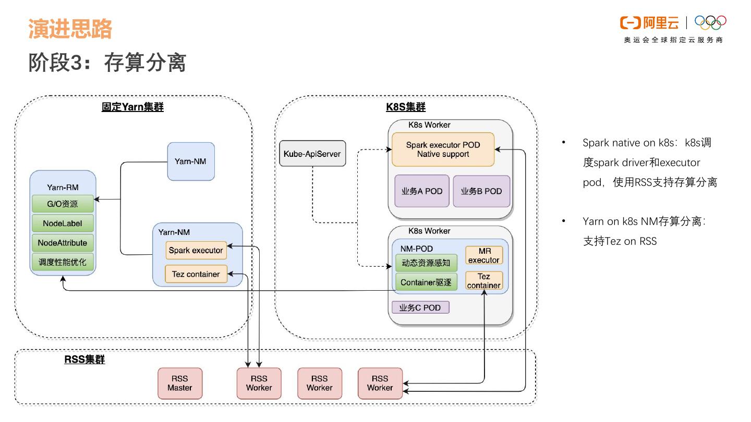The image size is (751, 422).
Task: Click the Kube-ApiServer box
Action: [x=312, y=153]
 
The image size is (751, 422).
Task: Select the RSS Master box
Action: [x=180, y=383]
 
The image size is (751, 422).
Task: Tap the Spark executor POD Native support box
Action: [x=443, y=150]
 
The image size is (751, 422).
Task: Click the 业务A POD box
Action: [x=422, y=191]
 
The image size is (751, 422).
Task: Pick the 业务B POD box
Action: [x=481, y=191]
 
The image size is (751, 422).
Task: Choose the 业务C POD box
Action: [x=420, y=307]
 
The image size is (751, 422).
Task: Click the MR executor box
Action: [x=484, y=255]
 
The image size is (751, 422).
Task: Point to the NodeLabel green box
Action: [x=63, y=224]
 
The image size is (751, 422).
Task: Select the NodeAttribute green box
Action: [x=63, y=243]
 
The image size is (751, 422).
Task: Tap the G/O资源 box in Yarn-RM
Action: [x=63, y=204]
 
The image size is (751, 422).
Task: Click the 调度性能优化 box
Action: [x=63, y=262]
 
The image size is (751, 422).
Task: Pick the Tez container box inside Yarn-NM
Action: [x=196, y=274]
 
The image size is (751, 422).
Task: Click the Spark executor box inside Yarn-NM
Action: [x=196, y=250]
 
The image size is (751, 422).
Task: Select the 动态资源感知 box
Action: [x=426, y=263]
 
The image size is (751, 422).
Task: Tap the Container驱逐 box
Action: [x=426, y=282]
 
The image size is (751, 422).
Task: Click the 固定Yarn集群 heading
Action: [x=132, y=107]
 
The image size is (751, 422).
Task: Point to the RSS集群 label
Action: [x=84, y=359]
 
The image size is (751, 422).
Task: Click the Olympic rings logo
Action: [x=710, y=22]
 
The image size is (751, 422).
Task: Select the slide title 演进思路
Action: [x=70, y=29]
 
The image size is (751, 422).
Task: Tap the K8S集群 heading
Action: [x=406, y=107]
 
